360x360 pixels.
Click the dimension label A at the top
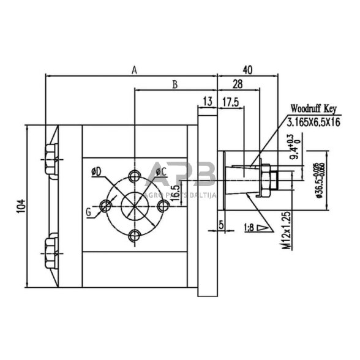pyautogui.click(x=134, y=70)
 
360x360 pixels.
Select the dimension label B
pyautogui.click(x=174, y=84)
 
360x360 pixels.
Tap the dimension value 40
pyautogui.click(x=247, y=69)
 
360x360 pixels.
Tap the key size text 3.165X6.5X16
pyautogui.click(x=313, y=121)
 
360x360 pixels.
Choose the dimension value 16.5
pyautogui.click(x=176, y=192)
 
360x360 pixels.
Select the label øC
pyautogui.click(x=162, y=172)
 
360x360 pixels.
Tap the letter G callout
pyautogui.click(x=89, y=212)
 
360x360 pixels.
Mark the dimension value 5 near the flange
pyautogui.click(x=222, y=224)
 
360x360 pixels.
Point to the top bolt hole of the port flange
pyautogui.click(x=134, y=176)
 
